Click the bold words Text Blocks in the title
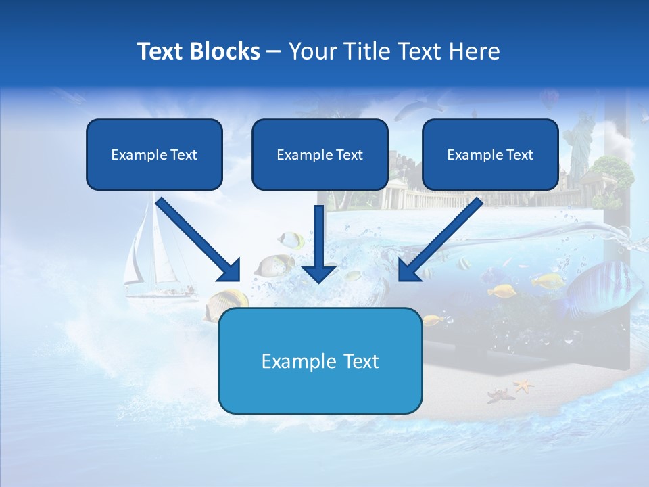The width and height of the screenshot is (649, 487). click(198, 51)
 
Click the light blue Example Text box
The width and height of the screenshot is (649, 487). click(320, 361)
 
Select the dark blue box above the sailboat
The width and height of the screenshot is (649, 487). click(154, 154)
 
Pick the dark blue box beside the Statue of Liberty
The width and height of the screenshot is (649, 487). click(490, 154)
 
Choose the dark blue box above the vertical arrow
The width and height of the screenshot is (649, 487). click(320, 154)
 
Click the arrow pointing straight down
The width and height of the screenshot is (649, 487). click(318, 243)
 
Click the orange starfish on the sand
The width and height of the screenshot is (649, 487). click(523, 386)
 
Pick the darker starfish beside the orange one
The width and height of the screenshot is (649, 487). click(500, 394)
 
